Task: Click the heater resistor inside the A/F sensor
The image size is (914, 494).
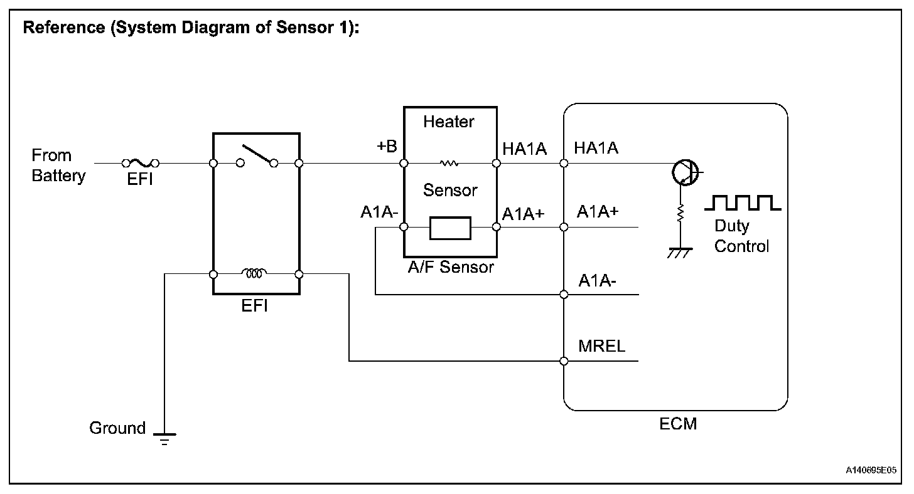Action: point(449,164)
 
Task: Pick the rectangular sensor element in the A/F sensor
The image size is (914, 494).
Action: point(450,228)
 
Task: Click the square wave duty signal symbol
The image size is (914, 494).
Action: point(743,202)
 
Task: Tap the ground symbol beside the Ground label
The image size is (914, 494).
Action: point(164,437)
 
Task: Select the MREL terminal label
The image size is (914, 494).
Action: point(601,346)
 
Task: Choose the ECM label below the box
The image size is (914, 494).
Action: point(678,424)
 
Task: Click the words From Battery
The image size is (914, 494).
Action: point(58,166)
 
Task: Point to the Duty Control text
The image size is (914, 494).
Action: point(741,236)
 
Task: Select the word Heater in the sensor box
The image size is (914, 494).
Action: point(449,122)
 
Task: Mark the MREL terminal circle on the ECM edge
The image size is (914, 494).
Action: point(564,361)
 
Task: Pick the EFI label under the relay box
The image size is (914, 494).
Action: point(255,307)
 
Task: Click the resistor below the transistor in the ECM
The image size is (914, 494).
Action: point(680,214)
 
